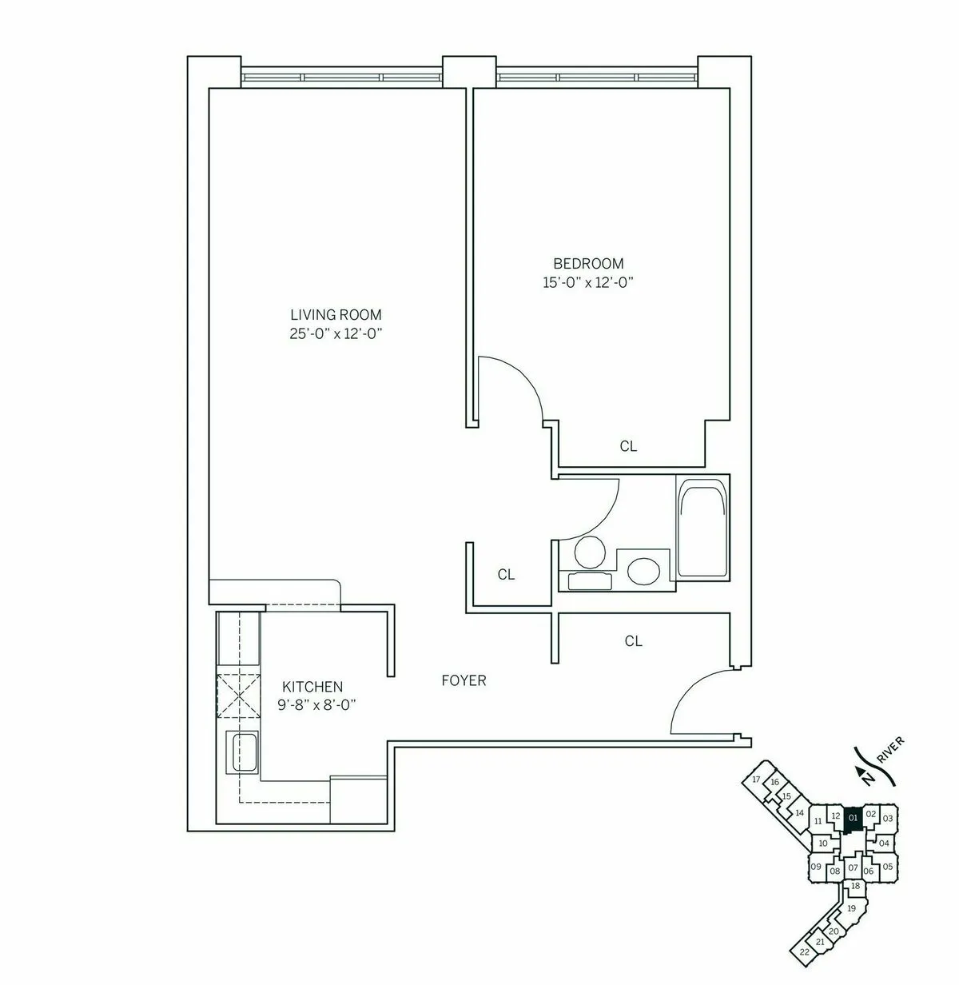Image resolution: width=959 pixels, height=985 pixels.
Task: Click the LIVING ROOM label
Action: (336, 315)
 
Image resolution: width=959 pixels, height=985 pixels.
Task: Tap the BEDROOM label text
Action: (588, 263)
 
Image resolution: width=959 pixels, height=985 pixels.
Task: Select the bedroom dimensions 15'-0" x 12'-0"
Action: (588, 282)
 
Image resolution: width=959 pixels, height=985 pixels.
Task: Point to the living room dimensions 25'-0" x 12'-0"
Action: (336, 334)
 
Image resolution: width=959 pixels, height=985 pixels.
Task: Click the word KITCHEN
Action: (312, 687)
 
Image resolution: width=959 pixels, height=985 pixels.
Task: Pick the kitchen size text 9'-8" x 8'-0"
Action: (317, 705)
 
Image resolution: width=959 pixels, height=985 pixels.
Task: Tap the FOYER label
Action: (464, 681)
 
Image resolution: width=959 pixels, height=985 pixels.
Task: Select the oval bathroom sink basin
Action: (643, 570)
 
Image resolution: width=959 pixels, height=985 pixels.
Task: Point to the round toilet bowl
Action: (590, 552)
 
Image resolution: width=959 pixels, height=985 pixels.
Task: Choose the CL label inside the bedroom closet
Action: (629, 447)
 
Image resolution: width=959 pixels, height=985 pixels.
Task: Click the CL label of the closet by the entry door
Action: (634, 641)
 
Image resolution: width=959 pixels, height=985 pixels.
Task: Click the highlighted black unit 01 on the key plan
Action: (853, 819)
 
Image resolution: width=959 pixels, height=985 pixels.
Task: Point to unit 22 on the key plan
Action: (804, 951)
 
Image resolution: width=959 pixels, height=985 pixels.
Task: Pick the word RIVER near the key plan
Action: (889, 752)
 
